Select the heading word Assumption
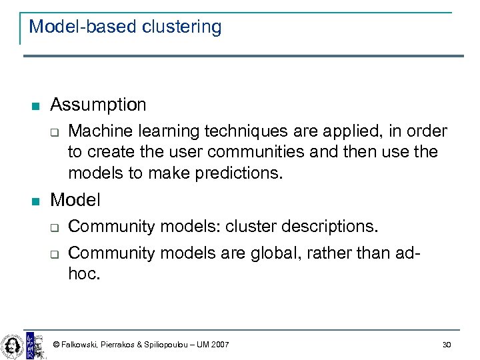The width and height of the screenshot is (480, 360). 98,105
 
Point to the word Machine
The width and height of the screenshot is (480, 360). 98,131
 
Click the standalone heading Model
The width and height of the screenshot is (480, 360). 75,200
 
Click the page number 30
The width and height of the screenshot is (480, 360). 446,344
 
